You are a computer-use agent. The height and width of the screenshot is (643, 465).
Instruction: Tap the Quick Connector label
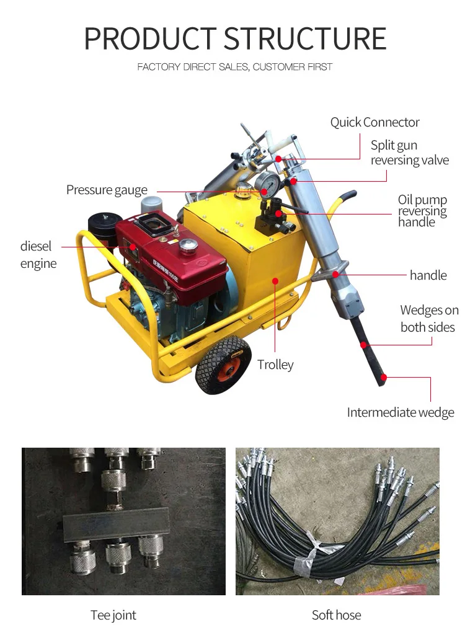click(374, 122)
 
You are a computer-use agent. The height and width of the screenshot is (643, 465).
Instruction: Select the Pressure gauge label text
click(107, 190)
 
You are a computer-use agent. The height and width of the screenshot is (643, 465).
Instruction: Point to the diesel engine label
click(38, 255)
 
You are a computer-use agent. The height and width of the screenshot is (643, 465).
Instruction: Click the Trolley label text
click(275, 365)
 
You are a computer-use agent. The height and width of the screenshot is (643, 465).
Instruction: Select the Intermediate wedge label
click(400, 412)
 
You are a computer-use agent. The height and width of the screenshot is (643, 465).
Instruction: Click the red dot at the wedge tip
click(384, 376)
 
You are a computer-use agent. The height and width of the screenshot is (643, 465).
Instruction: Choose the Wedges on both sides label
click(429, 319)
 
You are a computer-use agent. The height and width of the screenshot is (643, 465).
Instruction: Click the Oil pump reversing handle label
click(422, 211)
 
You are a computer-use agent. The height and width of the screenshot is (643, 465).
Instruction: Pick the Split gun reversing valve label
click(409, 153)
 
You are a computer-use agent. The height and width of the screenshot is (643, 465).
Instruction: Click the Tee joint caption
click(113, 615)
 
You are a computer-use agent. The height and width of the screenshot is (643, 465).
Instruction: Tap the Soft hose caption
click(336, 615)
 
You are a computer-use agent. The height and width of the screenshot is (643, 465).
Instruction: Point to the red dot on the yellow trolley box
click(275, 281)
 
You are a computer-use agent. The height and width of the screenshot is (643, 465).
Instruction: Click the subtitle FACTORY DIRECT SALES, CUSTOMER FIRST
click(235, 67)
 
